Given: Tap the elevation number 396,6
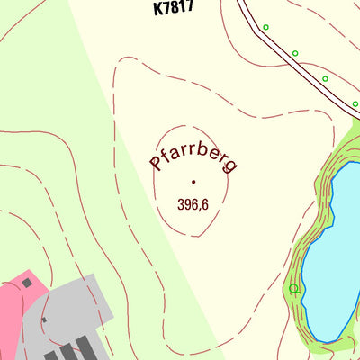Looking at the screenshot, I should pyautogui.click(x=193, y=205).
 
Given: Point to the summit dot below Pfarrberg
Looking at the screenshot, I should pyautogui.click(x=193, y=182).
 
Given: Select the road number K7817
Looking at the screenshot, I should pyautogui.click(x=174, y=8).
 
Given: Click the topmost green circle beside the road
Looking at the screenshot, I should pyautogui.click(x=265, y=28).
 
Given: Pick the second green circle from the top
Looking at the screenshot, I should pyautogui.click(x=295, y=53).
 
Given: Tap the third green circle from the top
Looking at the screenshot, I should pyautogui.click(x=326, y=79).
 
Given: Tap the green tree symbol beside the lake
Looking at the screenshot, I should pyautogui.click(x=293, y=289).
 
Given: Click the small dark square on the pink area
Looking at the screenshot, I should pyautogui.click(x=27, y=283).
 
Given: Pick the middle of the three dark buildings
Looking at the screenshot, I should pyautogui.click(x=68, y=353).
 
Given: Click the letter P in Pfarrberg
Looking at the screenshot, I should pyautogui.click(x=156, y=164).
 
